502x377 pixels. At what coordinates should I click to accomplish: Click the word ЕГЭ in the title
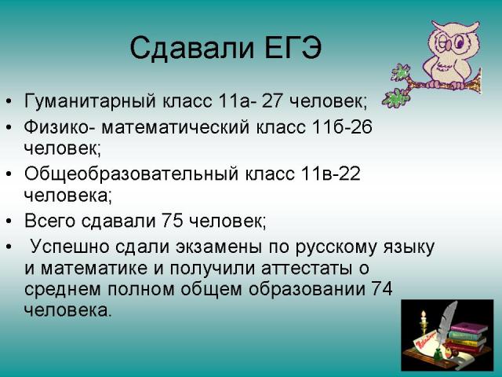293,48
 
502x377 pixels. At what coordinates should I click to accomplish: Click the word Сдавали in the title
192,49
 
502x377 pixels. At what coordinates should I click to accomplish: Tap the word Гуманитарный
89,101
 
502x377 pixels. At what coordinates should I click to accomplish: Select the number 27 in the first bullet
272,101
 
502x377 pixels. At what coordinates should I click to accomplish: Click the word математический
176,127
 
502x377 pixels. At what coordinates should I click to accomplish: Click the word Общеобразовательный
132,174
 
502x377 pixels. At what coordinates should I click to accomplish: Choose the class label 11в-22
330,174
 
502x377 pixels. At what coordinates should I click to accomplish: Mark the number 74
382,288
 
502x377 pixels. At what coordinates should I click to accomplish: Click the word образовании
307,289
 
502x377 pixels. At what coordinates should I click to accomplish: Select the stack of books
468,338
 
